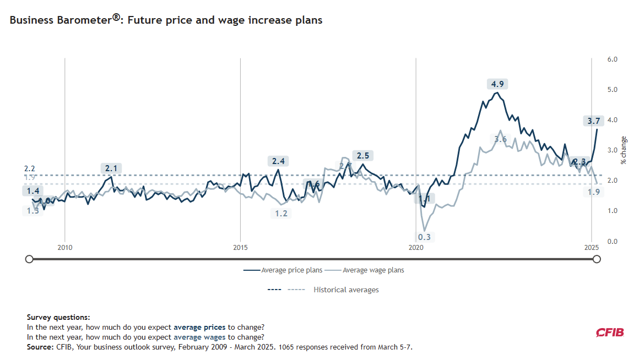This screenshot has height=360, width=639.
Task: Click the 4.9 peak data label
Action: click(x=497, y=84)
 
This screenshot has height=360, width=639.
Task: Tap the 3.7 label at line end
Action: click(x=594, y=120)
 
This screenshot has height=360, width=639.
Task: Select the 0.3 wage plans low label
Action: click(x=424, y=237)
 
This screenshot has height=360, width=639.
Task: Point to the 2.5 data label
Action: click(x=363, y=156)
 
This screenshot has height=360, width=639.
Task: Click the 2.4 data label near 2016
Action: click(x=279, y=161)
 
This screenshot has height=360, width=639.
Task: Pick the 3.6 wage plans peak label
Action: click(x=500, y=139)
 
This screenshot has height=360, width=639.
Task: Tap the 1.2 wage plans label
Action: click(x=281, y=214)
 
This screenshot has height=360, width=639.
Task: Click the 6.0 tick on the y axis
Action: click(x=612, y=59)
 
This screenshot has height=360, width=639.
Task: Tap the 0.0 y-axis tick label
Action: click(x=612, y=242)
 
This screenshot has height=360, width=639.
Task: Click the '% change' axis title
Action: click(x=624, y=150)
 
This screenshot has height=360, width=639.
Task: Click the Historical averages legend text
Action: click(x=346, y=290)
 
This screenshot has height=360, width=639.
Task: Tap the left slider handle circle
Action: click(x=29, y=259)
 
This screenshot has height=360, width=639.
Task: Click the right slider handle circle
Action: click(x=597, y=259)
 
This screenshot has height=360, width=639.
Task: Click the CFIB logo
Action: click(x=610, y=332)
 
